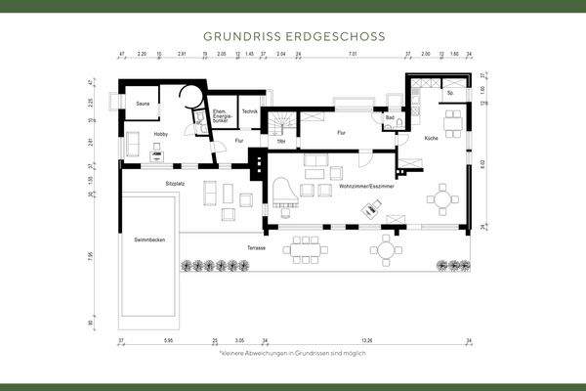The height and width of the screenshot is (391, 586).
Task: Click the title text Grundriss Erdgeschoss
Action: [293, 35]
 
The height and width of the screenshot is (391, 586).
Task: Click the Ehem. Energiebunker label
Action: [223, 117]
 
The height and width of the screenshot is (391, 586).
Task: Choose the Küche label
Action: [432, 138]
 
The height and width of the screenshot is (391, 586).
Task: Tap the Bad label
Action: [389, 118]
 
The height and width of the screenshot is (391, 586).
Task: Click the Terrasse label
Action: [257, 247]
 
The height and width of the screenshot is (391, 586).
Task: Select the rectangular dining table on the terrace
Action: [308, 249]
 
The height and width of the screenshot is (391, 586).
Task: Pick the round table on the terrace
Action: [387, 250]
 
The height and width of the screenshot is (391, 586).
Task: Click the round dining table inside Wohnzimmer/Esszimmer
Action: [442, 199]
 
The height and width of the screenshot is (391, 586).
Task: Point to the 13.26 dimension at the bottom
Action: [366, 341]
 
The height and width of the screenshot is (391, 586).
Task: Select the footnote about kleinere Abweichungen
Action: [293, 351]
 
